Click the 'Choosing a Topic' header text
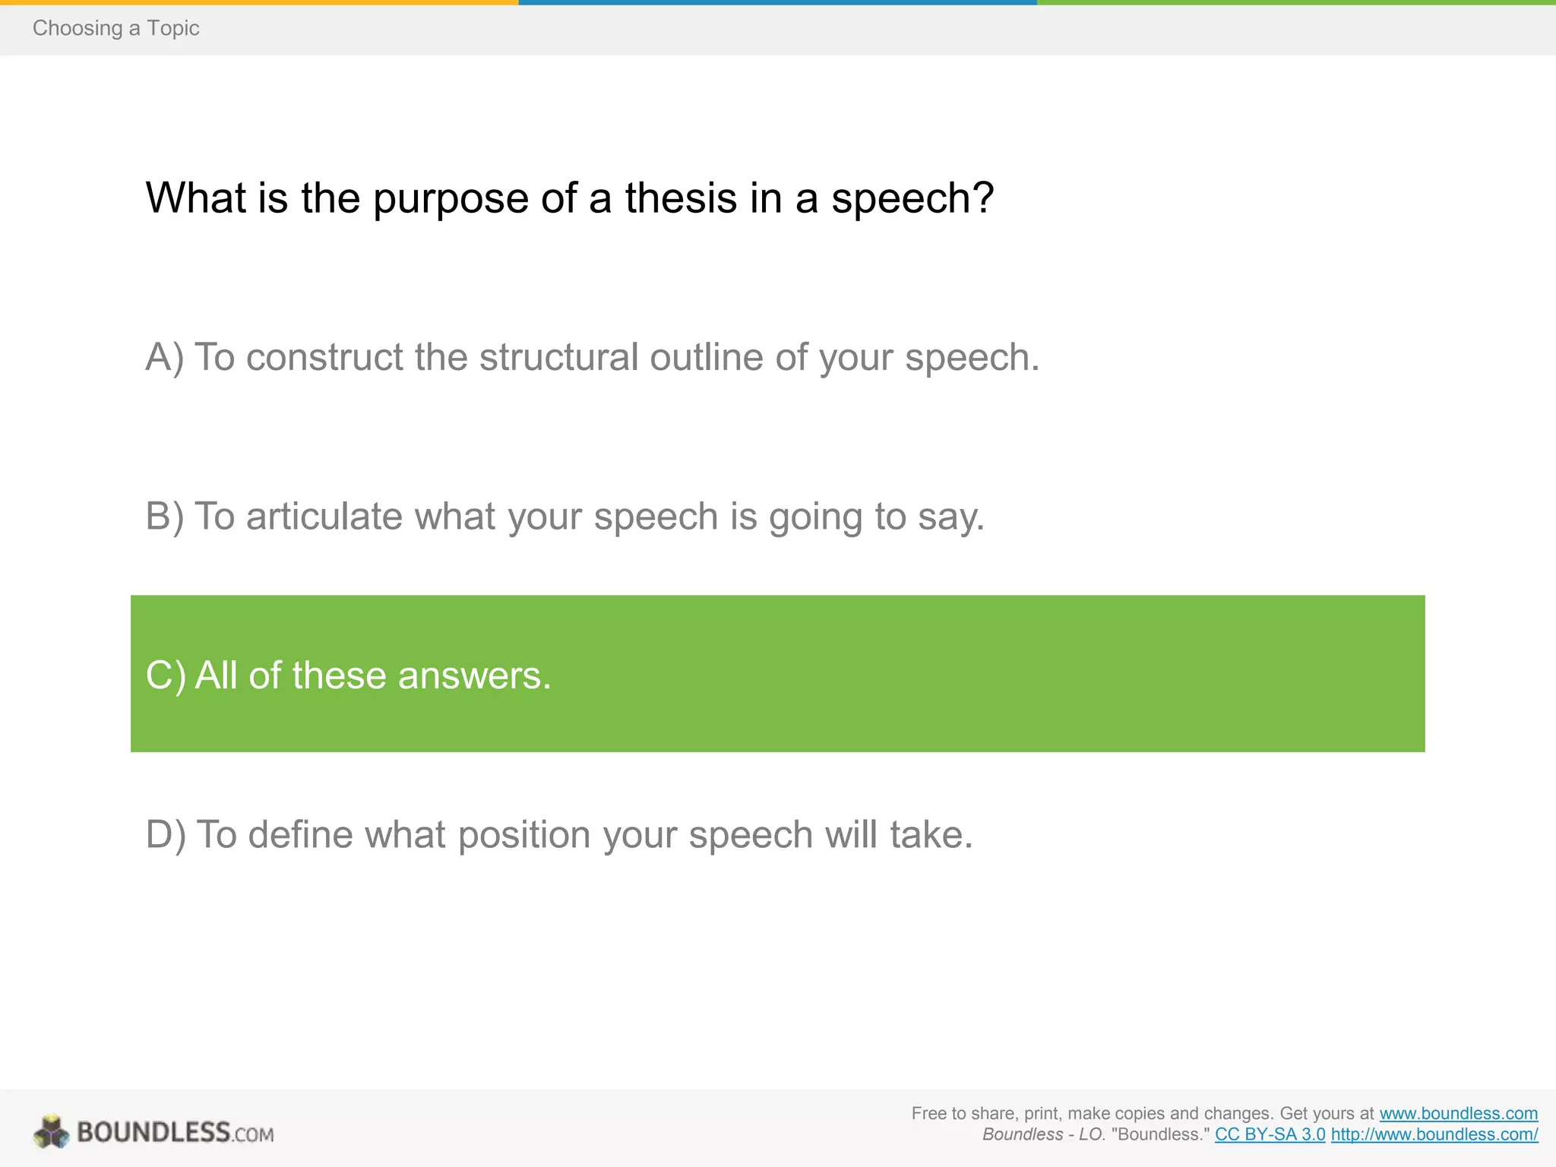tap(115, 28)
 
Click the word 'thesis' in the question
tap(682, 198)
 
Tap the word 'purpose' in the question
tap(450, 200)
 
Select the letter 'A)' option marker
tap(164, 357)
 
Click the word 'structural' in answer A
tap(558, 357)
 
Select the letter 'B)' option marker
tap(164, 517)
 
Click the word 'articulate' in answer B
tap(324, 517)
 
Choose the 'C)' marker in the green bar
tap(165, 675)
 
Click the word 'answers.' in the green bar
tap(474, 675)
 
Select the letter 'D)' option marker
tap(165, 835)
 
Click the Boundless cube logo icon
tap(52, 1132)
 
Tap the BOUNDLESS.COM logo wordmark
tap(175, 1133)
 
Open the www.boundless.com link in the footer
tap(1458, 1114)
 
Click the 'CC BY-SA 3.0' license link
tap(1270, 1135)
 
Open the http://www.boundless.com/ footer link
tap(1434, 1135)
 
